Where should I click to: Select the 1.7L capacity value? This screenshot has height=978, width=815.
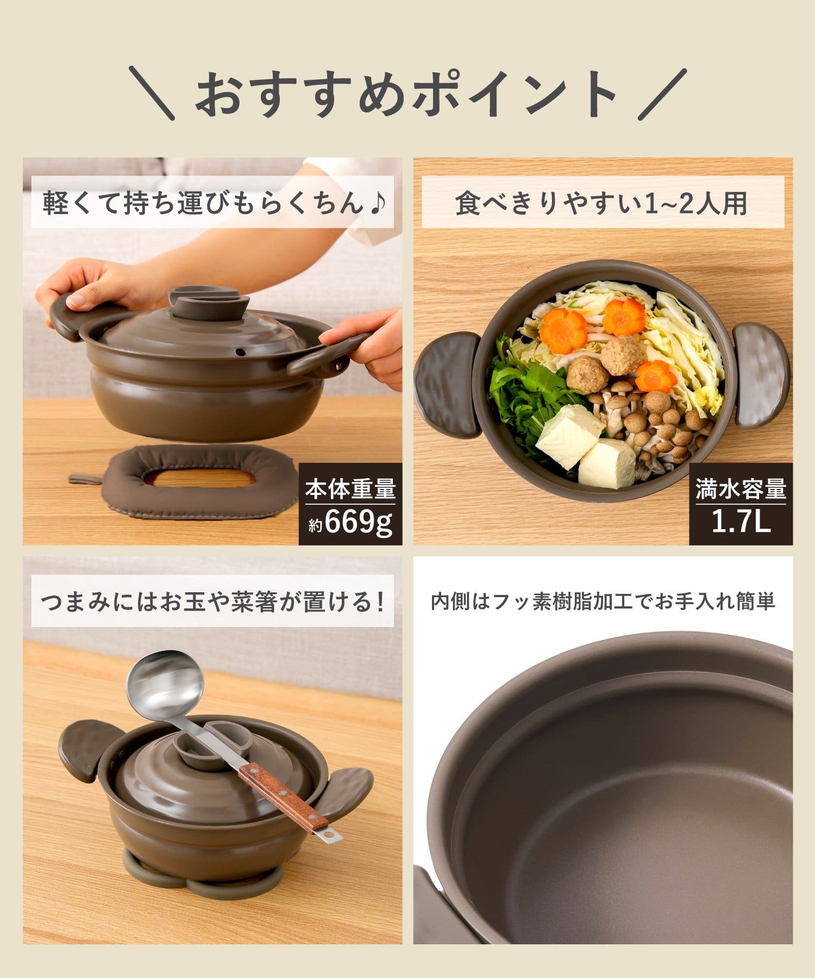tap(741, 522)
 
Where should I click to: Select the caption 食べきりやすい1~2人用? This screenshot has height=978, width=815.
tap(601, 204)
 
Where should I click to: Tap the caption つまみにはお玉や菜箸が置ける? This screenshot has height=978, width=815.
tap(214, 602)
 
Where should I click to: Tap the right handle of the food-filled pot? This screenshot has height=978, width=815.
tap(761, 374)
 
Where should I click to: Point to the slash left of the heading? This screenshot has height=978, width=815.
tap(152, 93)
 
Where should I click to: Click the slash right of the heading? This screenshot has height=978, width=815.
tap(662, 93)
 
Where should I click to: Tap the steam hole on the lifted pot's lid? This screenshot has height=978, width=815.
tap(238, 353)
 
